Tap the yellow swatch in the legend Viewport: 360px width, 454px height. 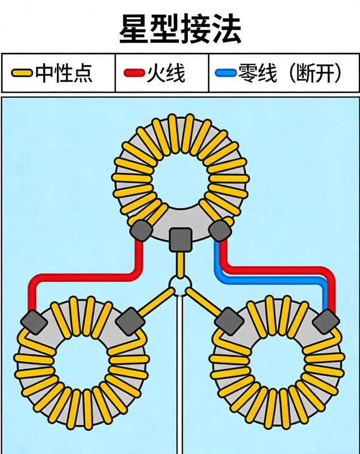pyautogui.click(x=22, y=73)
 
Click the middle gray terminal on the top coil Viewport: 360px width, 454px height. pyautogui.click(x=181, y=239)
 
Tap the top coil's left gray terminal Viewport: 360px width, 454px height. pyautogui.click(x=140, y=229)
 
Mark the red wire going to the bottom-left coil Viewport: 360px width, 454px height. pyautogui.click(x=84, y=276)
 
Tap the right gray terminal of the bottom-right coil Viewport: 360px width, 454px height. pyautogui.click(x=326, y=322)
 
